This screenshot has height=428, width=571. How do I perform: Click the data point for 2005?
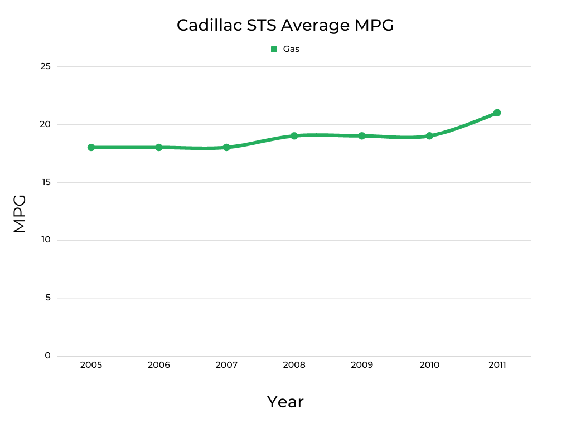[x=91, y=148]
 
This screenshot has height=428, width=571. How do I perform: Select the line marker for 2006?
[x=159, y=148]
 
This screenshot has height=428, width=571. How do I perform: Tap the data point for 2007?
[x=226, y=148]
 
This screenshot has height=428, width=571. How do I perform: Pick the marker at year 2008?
[x=294, y=136]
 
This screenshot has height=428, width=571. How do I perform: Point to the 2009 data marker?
[x=362, y=136]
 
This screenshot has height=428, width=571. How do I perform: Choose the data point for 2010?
[x=429, y=136]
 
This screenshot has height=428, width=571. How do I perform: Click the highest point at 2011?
[x=497, y=113]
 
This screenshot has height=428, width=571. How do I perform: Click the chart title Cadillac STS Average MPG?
[x=285, y=25]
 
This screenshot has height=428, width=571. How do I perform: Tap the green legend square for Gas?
[x=274, y=49]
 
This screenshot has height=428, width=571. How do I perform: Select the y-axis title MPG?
[x=20, y=213]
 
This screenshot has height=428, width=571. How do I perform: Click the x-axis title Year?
[x=285, y=402]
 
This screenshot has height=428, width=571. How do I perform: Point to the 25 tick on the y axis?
[x=46, y=66]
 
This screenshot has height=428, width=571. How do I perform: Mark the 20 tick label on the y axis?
[x=46, y=124]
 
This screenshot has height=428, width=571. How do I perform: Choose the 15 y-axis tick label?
[x=46, y=182]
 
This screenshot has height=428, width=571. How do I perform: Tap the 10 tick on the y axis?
[x=46, y=240]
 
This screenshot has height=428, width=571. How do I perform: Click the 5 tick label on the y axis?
[x=47, y=298]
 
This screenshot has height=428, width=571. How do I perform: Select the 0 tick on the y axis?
[x=47, y=356]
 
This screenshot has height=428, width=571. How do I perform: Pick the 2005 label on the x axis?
[x=91, y=365]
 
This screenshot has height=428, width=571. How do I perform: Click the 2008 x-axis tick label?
[x=294, y=365]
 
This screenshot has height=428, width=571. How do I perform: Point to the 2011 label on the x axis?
[x=497, y=365]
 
